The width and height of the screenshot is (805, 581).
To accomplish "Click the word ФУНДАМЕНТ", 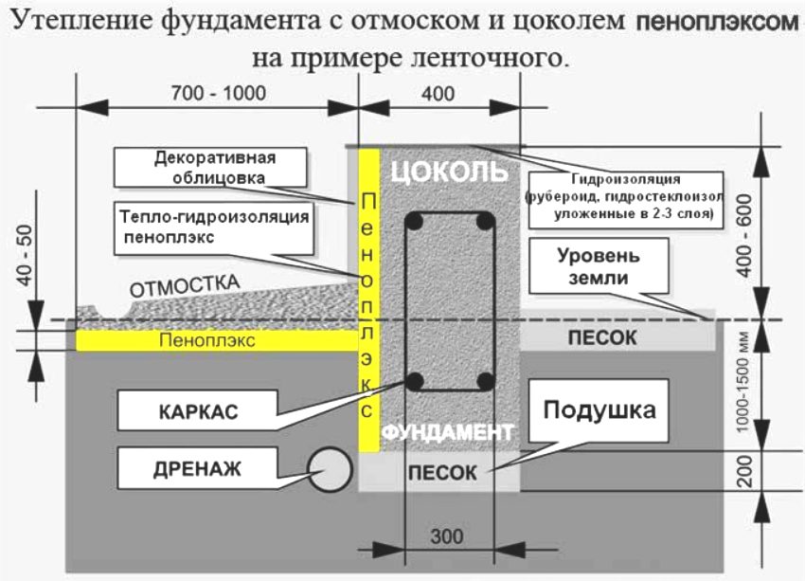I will pos(447,432).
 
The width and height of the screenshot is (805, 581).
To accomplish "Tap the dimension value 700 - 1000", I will pos(219,93).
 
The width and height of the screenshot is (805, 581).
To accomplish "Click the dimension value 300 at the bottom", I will pos(446,536).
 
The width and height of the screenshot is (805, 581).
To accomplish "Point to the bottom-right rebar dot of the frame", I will pos(485,381).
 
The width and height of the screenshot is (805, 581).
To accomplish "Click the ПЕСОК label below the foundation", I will pos(442,472).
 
